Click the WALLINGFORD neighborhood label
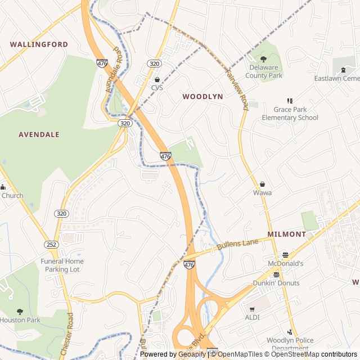click(39, 44)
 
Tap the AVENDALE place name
click(39, 135)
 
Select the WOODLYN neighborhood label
click(202, 97)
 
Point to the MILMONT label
click(286, 234)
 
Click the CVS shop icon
click(157, 79)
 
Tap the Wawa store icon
click(262, 184)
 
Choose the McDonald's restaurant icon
click(285, 255)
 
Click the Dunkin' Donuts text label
click(276, 283)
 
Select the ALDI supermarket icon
click(252, 308)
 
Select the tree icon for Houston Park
click(20, 312)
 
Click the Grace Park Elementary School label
click(290, 114)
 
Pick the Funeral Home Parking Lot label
click(62, 265)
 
